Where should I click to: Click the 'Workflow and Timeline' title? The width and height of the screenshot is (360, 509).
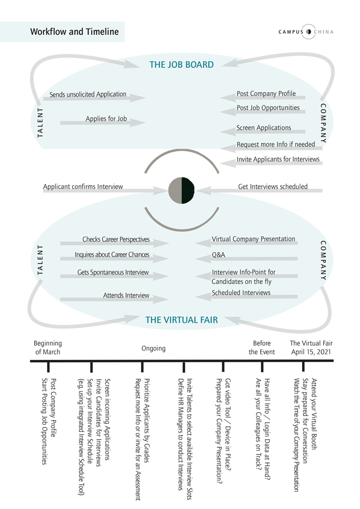click(x=74, y=32)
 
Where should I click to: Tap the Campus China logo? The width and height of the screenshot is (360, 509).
click(x=306, y=31)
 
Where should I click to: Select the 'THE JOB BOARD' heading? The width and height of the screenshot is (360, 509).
click(x=182, y=65)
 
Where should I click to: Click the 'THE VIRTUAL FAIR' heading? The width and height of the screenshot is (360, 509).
click(x=182, y=320)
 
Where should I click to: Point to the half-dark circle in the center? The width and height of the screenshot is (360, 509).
click(x=182, y=190)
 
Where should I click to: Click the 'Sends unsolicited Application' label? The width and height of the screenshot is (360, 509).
click(x=88, y=94)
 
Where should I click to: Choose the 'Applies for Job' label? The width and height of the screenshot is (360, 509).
click(x=106, y=119)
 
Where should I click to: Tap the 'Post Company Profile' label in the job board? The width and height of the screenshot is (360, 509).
click(x=266, y=94)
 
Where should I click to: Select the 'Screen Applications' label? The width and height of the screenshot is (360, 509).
click(x=264, y=128)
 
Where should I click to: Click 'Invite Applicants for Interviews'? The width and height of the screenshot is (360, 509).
click(x=278, y=159)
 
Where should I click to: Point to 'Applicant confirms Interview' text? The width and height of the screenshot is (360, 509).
click(x=83, y=187)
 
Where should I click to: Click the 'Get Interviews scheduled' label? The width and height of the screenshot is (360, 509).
click(x=273, y=187)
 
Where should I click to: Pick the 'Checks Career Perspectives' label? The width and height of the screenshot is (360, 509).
click(x=116, y=240)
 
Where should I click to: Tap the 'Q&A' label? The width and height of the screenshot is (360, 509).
click(x=218, y=255)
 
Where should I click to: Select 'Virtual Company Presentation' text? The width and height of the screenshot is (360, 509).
click(x=253, y=239)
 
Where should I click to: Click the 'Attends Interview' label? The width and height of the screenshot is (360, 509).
click(x=126, y=295)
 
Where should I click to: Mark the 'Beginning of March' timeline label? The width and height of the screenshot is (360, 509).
click(x=48, y=348)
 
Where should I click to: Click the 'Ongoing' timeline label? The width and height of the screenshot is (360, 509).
click(x=154, y=348)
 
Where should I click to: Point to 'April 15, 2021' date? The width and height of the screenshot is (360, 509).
click(x=311, y=352)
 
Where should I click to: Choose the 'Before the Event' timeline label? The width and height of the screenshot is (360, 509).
click(x=262, y=348)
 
